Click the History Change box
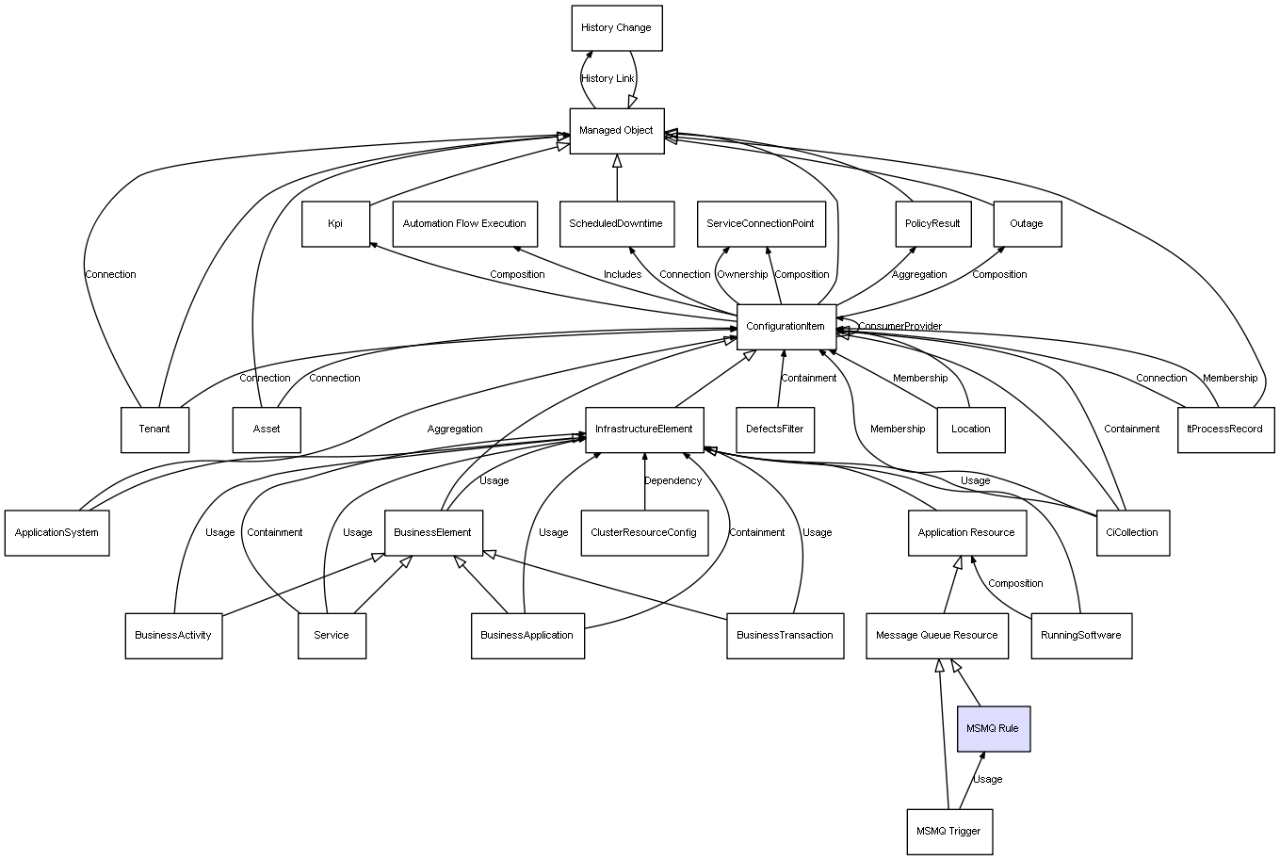pos(617,28)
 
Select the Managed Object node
pos(617,131)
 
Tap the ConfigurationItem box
pos(786,327)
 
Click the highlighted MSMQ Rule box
pos(993,729)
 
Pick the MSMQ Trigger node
pos(949,832)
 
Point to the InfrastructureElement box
pos(644,430)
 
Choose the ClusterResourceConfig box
pos(644,533)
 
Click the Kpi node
pos(335,224)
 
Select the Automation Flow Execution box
pos(464,224)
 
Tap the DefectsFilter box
pos(775,430)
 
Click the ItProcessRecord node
pos(1225,430)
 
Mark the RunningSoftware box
pos(1081,636)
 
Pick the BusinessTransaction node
pos(785,636)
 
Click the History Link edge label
pos(608,79)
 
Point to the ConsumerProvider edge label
pos(899,327)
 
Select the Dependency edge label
pos(672,481)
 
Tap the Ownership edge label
pos(742,275)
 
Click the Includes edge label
pos(623,275)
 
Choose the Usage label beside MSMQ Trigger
pos(987,780)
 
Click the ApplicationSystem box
pos(57,533)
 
